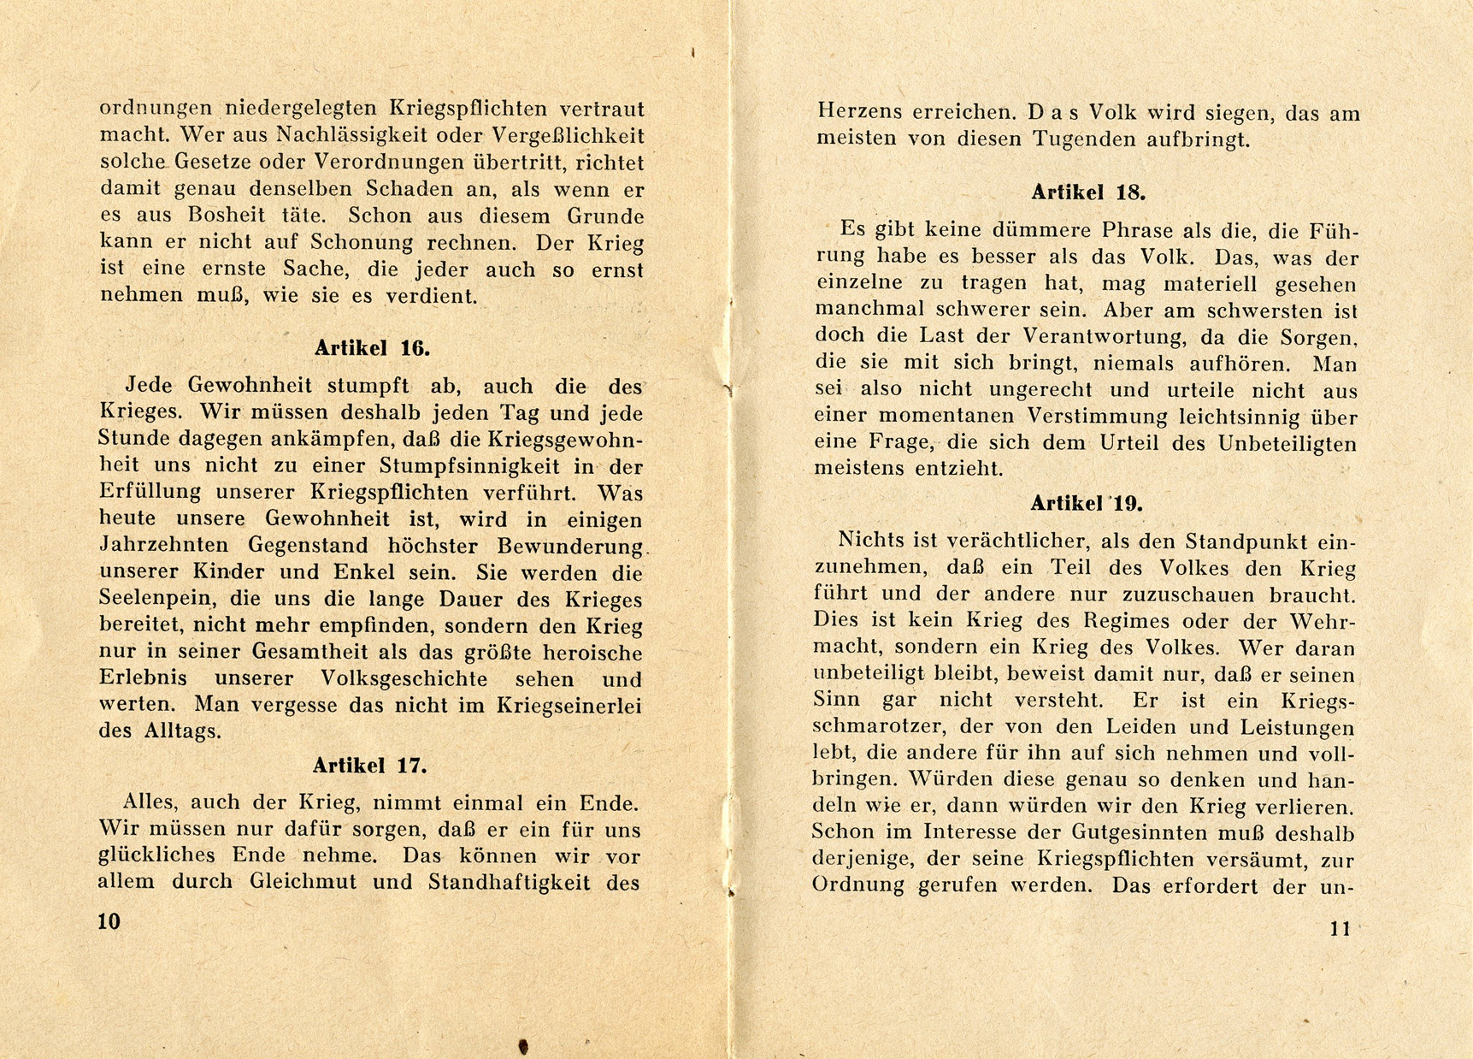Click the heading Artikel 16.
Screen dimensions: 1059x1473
372,348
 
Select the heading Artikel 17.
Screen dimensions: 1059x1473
369,766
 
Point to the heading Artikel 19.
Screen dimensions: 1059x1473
1086,504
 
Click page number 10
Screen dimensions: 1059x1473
109,921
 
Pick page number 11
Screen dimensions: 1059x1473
1340,928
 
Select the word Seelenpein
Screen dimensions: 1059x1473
150,599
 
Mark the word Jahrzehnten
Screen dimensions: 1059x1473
164,546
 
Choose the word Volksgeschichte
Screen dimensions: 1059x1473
404,679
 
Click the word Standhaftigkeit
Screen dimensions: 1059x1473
508,882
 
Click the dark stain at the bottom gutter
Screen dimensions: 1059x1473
523,1045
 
